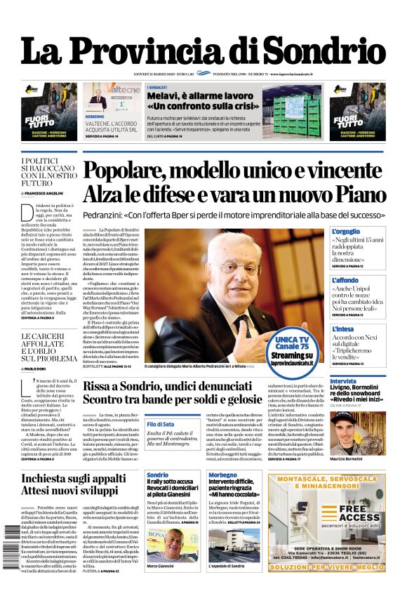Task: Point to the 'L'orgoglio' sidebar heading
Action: point(345,232)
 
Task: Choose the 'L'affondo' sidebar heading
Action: point(345,280)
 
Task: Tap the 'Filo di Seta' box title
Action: point(161,424)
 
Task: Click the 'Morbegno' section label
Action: point(222,475)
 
